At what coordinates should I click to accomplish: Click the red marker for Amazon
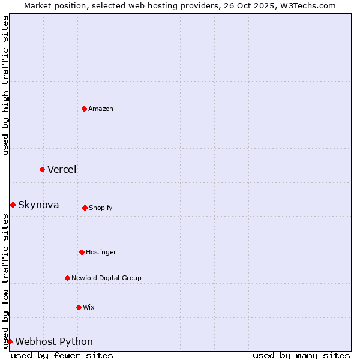click(x=85, y=109)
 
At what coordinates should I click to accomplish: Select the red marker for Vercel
click(x=42, y=169)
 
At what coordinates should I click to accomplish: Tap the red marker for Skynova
click(x=13, y=205)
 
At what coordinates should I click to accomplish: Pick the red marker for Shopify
click(x=85, y=208)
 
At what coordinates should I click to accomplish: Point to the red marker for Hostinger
click(x=82, y=252)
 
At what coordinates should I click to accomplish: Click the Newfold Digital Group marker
click(x=67, y=278)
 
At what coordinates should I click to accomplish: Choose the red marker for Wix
click(x=79, y=307)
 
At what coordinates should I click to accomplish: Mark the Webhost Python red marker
click(x=10, y=341)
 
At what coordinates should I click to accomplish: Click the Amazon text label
click(x=101, y=109)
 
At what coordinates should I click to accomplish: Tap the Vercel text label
click(x=62, y=169)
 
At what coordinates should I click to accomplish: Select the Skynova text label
click(x=38, y=205)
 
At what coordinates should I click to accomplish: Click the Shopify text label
click(x=101, y=208)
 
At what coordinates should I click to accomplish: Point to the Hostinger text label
click(x=101, y=252)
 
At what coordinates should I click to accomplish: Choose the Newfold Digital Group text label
click(x=106, y=278)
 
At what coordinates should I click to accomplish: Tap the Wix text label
click(x=89, y=307)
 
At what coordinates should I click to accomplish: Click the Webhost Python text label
click(x=54, y=341)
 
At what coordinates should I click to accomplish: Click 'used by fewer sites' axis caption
click(x=62, y=355)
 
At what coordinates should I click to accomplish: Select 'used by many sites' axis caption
click(x=301, y=355)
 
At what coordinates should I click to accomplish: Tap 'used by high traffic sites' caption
click(x=5, y=85)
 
